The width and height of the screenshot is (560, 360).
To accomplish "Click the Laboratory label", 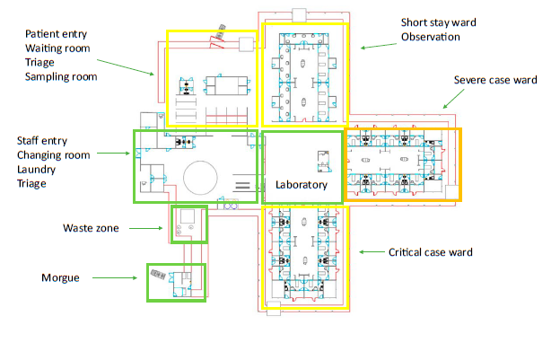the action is (x=302, y=185).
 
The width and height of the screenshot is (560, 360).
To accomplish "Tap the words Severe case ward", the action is (x=495, y=80).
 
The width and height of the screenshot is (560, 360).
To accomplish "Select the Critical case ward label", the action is (x=431, y=252).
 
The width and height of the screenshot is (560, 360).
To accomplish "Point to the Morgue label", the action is (x=60, y=278).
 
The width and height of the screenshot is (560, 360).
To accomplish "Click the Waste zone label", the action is (x=91, y=228).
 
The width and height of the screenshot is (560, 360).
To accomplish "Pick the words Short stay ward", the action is (x=438, y=22).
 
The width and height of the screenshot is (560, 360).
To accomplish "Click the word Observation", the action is (x=431, y=37).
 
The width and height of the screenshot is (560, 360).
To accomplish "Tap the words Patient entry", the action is (x=56, y=34).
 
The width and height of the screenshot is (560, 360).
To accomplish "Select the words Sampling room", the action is (x=61, y=77).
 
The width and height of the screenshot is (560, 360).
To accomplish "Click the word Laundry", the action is (x=37, y=170).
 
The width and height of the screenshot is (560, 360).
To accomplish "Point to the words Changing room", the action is (x=54, y=155).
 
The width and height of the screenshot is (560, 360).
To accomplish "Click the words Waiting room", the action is (x=57, y=48).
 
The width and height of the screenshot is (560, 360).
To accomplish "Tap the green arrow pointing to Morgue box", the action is (x=115, y=278).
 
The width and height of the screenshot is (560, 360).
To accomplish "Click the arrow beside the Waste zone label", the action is (x=145, y=228).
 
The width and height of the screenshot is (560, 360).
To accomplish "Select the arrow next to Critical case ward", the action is (x=372, y=252).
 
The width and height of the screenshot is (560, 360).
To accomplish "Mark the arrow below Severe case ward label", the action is (x=453, y=99).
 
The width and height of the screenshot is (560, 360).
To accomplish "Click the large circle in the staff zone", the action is (x=200, y=161).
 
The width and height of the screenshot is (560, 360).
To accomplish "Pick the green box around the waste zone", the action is (x=171, y=224).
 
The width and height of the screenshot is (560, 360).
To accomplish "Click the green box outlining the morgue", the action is (x=147, y=283).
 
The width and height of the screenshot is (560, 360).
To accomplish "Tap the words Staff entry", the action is (x=42, y=141).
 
